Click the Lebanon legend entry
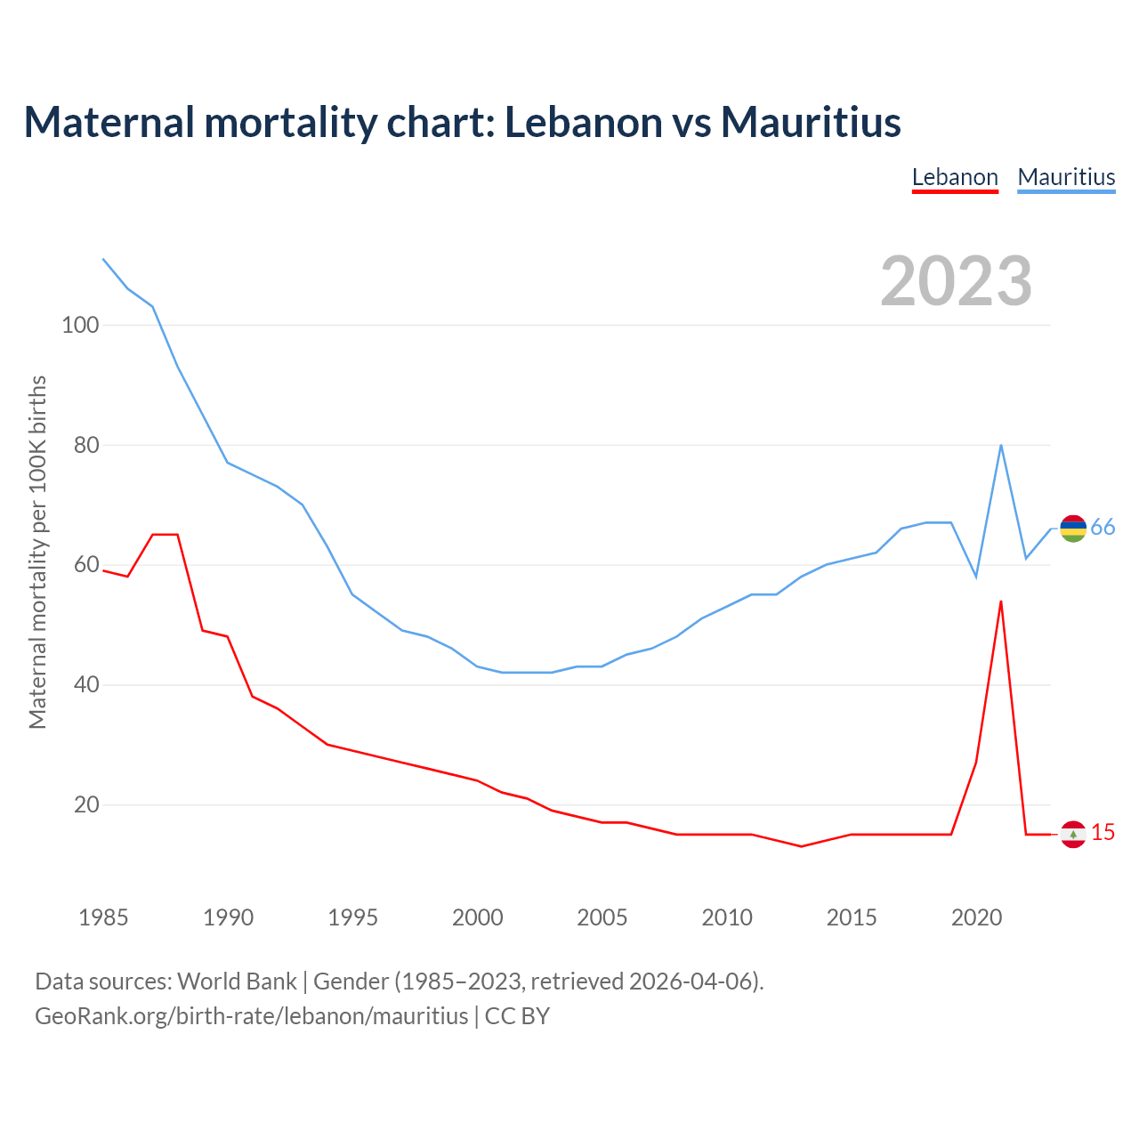tap(955, 177)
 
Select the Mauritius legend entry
tap(1066, 177)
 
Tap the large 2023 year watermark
tap(956, 281)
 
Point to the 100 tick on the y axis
tap(79, 325)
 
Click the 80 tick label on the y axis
tap(85, 445)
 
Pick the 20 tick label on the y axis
tap(85, 804)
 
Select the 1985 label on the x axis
tap(103, 917)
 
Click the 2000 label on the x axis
tap(477, 917)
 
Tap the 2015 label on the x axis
tap(852, 917)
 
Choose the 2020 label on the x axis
tap(976, 917)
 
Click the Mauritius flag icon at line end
tap(1073, 529)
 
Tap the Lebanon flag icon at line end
tap(1073, 834)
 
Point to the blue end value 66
tap(1103, 528)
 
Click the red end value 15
tap(1103, 833)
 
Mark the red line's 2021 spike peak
tap(1001, 602)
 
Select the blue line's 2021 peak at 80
tap(1001, 445)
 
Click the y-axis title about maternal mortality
tap(37, 552)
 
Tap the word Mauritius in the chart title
tap(811, 122)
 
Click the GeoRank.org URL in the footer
tap(251, 1016)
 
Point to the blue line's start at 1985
tap(103, 259)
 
